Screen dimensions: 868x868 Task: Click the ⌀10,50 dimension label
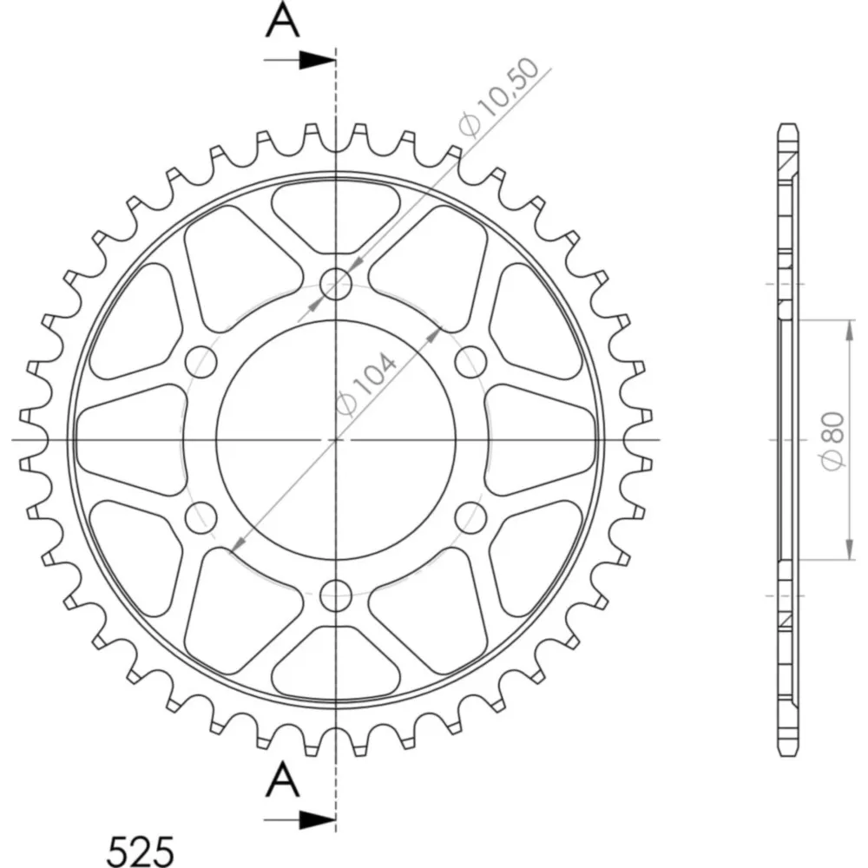499,97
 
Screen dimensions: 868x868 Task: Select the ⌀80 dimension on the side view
833,440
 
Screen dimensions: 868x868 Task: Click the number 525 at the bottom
140,851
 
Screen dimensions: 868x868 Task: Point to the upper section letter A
283,21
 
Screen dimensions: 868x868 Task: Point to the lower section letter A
283,779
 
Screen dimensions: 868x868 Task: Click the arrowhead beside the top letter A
317,60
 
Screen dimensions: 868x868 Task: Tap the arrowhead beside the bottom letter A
317,820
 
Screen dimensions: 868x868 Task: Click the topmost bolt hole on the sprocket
336,284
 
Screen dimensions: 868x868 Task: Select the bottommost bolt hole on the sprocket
336,595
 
